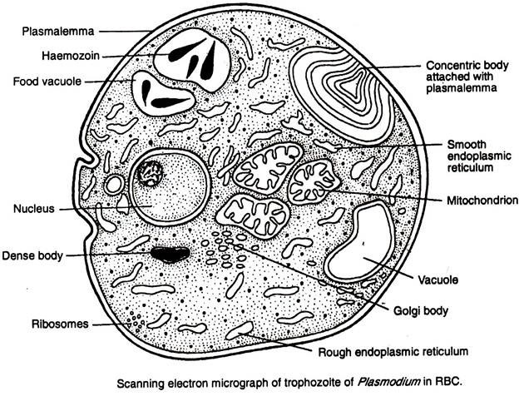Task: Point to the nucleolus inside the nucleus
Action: [151, 175]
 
